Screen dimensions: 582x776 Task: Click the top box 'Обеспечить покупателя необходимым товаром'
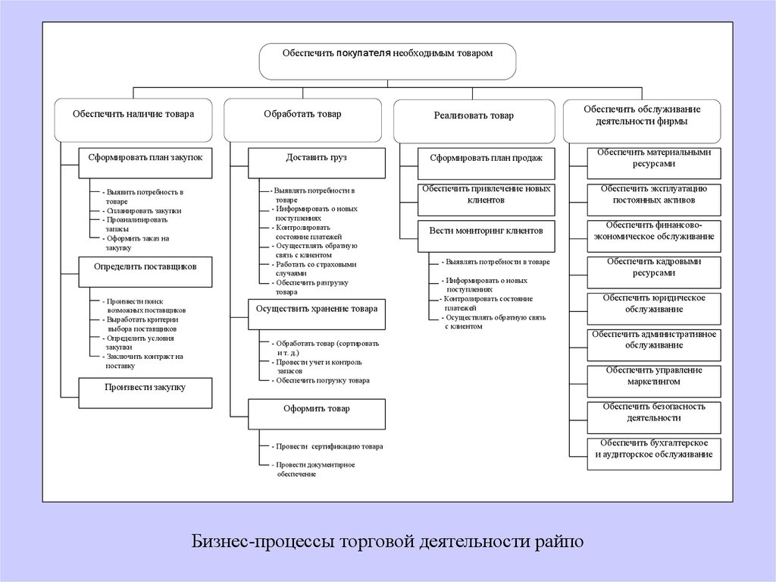coord(387,61)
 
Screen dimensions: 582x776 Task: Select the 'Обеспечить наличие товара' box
coord(133,119)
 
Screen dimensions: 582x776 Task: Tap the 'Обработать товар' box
coord(302,119)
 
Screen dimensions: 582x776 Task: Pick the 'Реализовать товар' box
coord(473,121)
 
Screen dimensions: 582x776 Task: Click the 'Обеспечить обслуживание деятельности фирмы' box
coord(641,120)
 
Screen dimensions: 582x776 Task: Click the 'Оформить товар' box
coord(317,414)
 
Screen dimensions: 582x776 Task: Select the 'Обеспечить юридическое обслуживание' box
coord(654,308)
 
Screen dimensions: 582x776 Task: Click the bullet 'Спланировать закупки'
coord(144,210)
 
